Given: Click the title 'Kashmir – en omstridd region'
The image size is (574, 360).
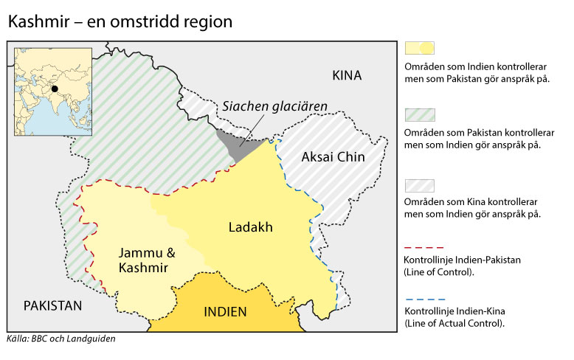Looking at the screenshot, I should tap(120, 22).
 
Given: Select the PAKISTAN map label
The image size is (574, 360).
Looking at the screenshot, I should tap(52, 305).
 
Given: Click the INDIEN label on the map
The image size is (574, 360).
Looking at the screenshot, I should tap(225, 311).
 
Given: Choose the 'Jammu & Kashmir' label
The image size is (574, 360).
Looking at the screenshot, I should tap(148, 259).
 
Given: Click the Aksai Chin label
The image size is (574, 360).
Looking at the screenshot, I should tap(331, 157).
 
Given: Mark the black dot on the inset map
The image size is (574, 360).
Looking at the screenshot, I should tap(55, 89).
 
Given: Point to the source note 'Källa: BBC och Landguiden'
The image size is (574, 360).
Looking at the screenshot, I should tap(61, 340).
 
